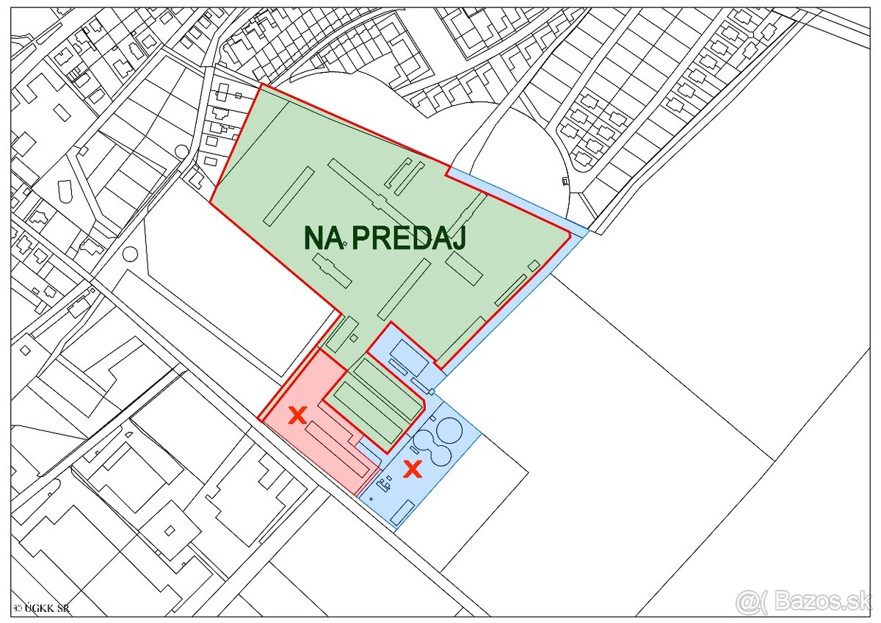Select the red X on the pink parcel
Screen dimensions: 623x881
[x=297, y=416]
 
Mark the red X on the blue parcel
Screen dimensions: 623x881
[x=413, y=469]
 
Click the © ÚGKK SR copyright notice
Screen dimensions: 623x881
[x=42, y=608]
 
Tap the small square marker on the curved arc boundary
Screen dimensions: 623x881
[x=565, y=181]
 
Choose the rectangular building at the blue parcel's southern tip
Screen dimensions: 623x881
[x=402, y=513]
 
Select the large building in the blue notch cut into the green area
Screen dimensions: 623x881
[x=407, y=356]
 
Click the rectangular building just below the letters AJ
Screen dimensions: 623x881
[x=464, y=269]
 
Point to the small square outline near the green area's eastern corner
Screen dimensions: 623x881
[x=534, y=264]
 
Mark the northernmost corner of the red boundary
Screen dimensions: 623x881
[x=261, y=84]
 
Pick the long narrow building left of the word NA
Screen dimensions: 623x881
[x=289, y=195]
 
